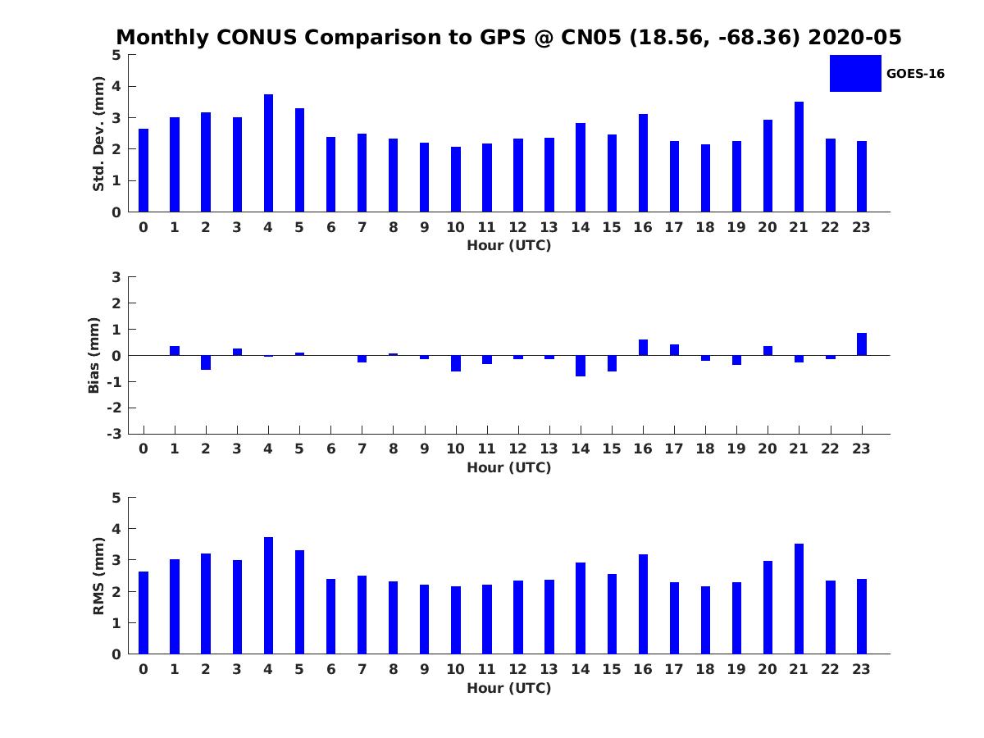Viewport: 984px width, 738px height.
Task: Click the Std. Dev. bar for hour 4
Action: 268,153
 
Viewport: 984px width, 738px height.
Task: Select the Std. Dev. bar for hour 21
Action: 799,157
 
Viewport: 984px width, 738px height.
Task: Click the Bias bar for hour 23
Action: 862,344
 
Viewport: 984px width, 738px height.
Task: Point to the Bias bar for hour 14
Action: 581,366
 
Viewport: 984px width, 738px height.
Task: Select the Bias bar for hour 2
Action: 206,362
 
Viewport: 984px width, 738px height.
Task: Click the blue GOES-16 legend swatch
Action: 855,73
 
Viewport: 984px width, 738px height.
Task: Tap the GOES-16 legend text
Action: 915,74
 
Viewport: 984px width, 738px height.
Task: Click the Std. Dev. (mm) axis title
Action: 98,134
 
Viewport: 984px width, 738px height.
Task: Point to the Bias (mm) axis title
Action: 94,355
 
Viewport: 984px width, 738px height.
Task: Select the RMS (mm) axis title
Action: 98,576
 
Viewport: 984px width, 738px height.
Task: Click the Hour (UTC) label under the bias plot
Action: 508,467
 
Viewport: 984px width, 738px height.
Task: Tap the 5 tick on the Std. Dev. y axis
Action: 116,55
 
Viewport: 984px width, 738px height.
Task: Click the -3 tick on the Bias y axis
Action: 114,434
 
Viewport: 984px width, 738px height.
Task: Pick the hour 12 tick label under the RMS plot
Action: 517,669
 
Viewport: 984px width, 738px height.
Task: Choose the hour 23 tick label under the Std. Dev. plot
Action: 862,227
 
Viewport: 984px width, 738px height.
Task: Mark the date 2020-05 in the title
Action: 854,38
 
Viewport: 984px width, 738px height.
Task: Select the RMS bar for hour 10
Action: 455,620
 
